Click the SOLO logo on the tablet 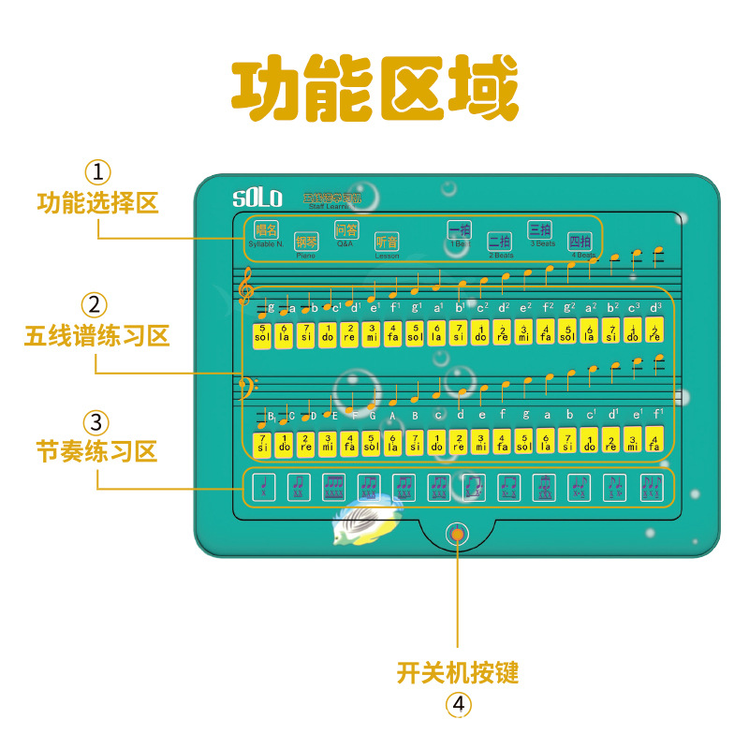[257, 198]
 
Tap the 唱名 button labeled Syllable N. [267, 230]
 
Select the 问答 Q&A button [346, 230]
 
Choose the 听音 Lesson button [387, 242]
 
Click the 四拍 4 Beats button [580, 242]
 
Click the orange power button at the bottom [457, 535]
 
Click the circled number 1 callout [97, 172]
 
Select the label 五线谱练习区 [97, 335]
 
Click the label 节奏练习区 [97, 451]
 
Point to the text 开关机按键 [457, 672]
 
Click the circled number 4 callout [457, 704]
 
